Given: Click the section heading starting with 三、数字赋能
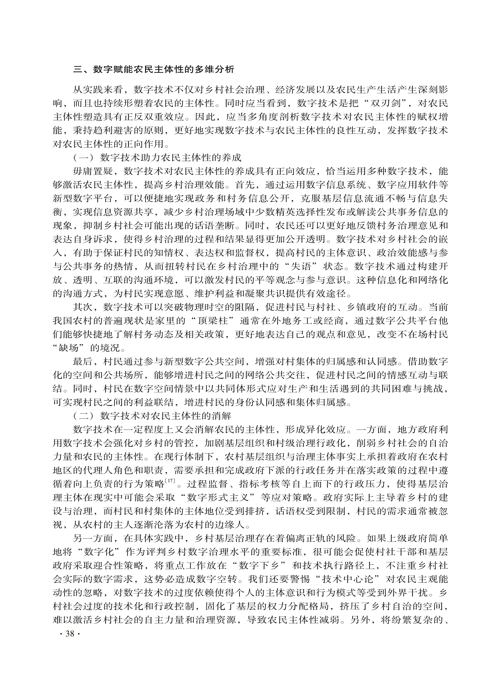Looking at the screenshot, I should point(153,69).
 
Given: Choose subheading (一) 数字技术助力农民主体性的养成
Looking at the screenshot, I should point(157,158).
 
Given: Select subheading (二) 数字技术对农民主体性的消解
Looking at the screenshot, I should point(152,416).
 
